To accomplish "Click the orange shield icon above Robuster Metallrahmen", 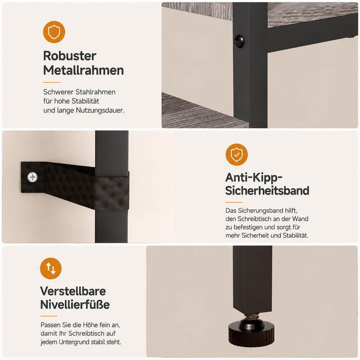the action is click(54, 32).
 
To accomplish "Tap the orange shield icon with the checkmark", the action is click(237, 154).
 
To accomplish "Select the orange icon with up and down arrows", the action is click(51, 268).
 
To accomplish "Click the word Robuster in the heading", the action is click(70, 56).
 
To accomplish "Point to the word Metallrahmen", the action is click(84, 70).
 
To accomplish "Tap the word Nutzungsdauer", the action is click(100, 110).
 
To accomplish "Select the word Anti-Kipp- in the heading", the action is click(254, 177).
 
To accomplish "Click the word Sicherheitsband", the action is click(267, 190).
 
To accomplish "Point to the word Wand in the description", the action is click(300, 219).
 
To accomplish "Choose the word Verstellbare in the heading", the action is click(73, 291).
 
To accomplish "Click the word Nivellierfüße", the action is click(75, 305).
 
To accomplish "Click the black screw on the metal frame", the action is click(239, 41).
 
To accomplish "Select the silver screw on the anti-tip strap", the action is click(32, 177).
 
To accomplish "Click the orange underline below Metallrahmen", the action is click(52, 82).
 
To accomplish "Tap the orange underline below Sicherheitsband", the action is click(234, 202).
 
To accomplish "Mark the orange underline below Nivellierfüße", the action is click(49, 316).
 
